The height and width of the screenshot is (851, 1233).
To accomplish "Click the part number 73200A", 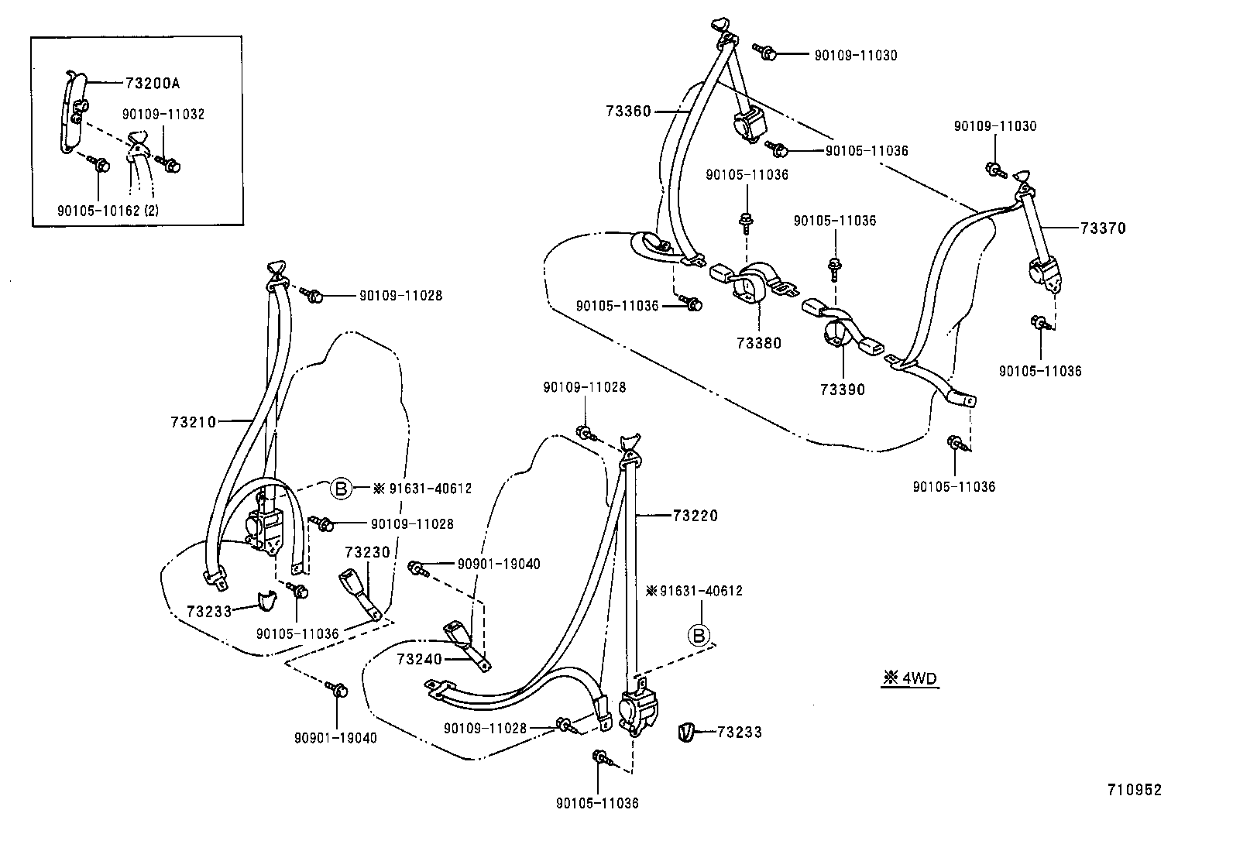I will [157, 82].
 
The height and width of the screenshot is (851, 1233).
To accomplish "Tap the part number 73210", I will [194, 422].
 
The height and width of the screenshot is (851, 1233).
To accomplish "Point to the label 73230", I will [367, 552].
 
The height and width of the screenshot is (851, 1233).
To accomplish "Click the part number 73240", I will [419, 659].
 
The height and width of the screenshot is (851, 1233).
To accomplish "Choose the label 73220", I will [695, 515].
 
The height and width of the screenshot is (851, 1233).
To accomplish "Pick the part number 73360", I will [628, 112].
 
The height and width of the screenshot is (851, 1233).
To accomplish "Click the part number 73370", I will [1104, 228].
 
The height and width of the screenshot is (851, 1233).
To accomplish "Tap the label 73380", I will [759, 343].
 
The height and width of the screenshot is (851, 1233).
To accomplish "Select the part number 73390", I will [843, 389].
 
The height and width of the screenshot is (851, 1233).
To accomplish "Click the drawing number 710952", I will [1134, 790].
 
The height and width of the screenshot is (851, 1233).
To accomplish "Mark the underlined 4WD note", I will [911, 679].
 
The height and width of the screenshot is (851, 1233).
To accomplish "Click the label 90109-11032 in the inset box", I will [163, 115].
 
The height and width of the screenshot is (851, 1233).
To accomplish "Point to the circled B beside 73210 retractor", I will [340, 488].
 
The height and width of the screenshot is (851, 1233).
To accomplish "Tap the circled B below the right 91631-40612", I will [699, 636].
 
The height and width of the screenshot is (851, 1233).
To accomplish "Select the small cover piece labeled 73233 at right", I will [686, 731].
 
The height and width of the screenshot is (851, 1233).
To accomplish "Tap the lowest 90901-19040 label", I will [335, 738].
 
